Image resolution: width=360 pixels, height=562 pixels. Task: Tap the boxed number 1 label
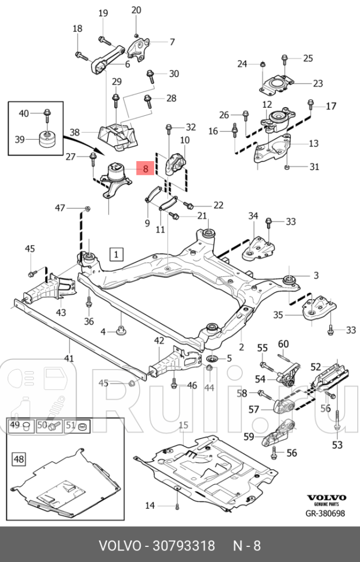coord(116,254)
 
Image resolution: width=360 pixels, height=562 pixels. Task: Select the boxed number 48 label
coord(19,459)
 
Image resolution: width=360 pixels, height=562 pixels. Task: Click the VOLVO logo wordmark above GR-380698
coord(326,498)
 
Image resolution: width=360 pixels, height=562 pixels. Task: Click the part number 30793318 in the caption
coord(184,546)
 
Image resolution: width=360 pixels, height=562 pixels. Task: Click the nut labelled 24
coord(262,63)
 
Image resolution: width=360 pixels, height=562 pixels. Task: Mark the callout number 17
coord(330,106)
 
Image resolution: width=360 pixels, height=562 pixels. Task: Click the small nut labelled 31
coord(288,167)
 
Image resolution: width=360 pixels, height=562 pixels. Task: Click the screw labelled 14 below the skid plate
coord(176,506)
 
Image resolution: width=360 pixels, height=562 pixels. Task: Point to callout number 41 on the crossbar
coord(69,358)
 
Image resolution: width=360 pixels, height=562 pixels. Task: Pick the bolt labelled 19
coord(103,39)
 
